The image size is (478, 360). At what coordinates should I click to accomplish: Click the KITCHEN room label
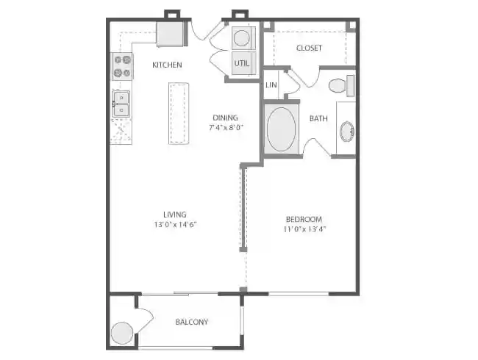click(x=167, y=65)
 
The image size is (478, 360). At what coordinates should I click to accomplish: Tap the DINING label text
click(x=225, y=118)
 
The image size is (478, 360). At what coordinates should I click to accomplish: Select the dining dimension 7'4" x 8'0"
click(x=226, y=127)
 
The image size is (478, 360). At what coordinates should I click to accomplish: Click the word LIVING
click(x=175, y=215)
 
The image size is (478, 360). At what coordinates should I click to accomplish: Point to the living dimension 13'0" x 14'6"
click(x=176, y=224)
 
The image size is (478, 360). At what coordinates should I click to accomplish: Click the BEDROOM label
click(x=304, y=219)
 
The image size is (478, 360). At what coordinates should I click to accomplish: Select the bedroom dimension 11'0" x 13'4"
click(x=304, y=228)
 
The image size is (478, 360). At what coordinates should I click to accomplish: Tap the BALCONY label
click(x=192, y=322)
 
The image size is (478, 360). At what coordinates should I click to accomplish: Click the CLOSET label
click(x=309, y=48)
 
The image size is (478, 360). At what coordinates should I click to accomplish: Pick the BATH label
click(x=318, y=118)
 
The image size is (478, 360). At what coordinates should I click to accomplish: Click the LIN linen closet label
click(x=271, y=84)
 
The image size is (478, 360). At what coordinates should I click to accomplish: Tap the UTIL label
click(x=242, y=63)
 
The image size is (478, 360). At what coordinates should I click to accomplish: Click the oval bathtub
click(x=280, y=131)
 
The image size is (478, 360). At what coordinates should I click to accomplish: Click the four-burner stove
click(x=121, y=66)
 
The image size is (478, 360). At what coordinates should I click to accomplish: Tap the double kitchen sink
click(x=121, y=104)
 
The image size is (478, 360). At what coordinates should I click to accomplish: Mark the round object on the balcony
click(x=121, y=334)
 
